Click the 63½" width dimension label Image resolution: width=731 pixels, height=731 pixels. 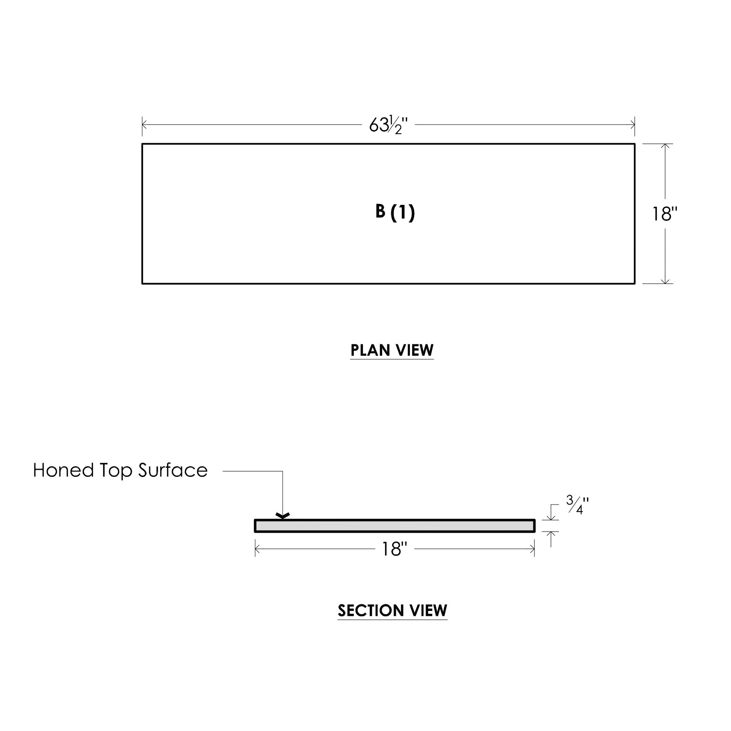point(388,125)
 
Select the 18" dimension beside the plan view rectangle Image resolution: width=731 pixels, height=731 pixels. point(665,214)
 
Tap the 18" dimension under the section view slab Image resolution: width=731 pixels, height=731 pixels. point(394,549)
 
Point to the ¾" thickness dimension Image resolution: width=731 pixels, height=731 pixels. point(577,505)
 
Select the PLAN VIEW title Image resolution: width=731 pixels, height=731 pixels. point(392,350)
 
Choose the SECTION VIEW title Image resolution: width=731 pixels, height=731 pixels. point(392,611)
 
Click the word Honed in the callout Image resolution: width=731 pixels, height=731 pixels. point(63,471)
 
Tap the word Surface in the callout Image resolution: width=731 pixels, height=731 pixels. point(173,471)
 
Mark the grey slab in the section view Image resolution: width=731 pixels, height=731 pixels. point(395,526)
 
